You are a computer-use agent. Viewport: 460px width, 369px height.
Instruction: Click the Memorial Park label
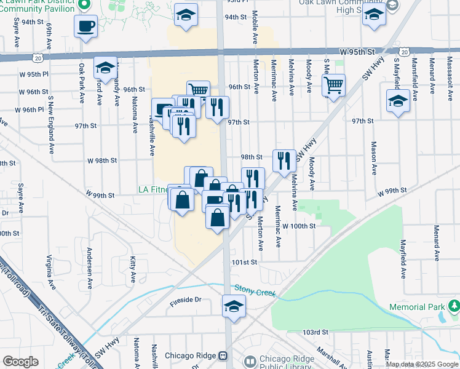[416, 307]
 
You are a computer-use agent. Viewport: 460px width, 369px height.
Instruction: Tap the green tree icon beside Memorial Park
[454, 306]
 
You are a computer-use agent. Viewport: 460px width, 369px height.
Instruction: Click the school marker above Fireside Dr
[234, 306]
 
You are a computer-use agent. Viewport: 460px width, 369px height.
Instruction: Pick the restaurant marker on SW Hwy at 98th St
[284, 161]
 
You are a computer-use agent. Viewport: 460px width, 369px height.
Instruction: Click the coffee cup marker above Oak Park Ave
[86, 26]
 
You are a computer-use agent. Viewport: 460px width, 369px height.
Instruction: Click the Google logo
[20, 361]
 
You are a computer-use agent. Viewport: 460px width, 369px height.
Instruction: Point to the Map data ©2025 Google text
[422, 364]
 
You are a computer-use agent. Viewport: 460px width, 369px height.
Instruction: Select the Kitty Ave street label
[133, 271]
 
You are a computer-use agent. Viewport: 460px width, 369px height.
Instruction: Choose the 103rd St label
[315, 332]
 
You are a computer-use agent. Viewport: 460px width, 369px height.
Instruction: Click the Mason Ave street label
[373, 157]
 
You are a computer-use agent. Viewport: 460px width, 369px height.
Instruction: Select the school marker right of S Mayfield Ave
[398, 101]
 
